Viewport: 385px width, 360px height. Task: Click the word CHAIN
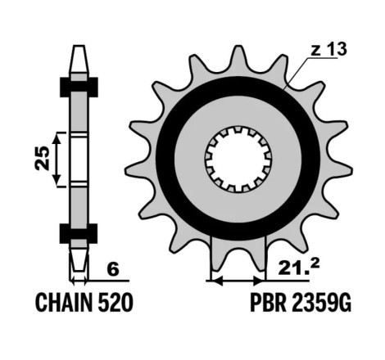tap(65, 303)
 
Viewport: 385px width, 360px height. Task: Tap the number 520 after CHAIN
tap(115, 303)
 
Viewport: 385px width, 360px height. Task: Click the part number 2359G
tap(321, 303)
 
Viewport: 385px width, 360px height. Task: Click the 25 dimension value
tap(43, 158)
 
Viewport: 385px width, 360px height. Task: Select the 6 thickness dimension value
tap(113, 269)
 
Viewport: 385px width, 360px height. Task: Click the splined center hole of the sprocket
tap(238, 159)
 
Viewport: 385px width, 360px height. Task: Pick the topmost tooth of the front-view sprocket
tap(238, 56)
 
